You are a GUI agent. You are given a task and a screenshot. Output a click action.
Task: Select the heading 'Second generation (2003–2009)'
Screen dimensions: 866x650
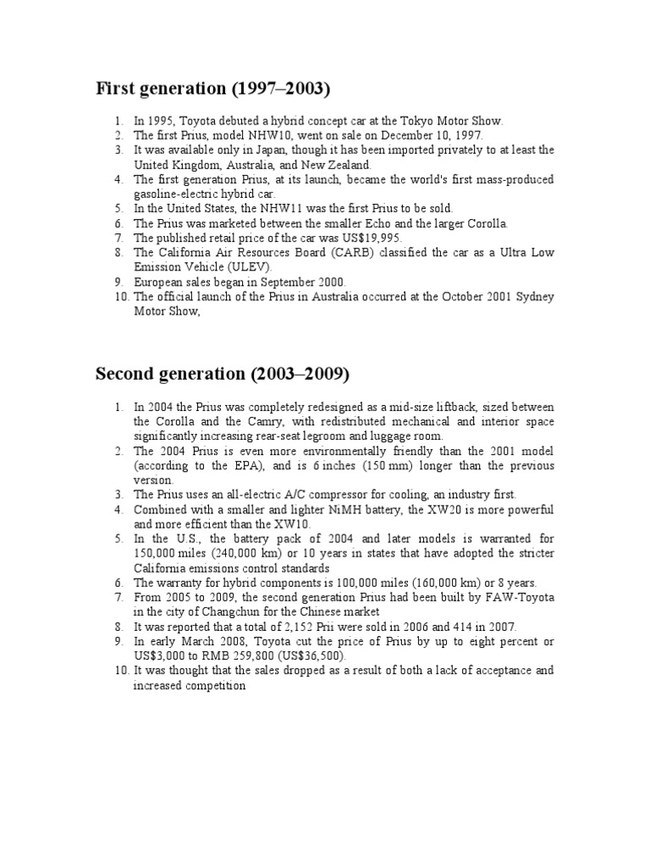point(223,373)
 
